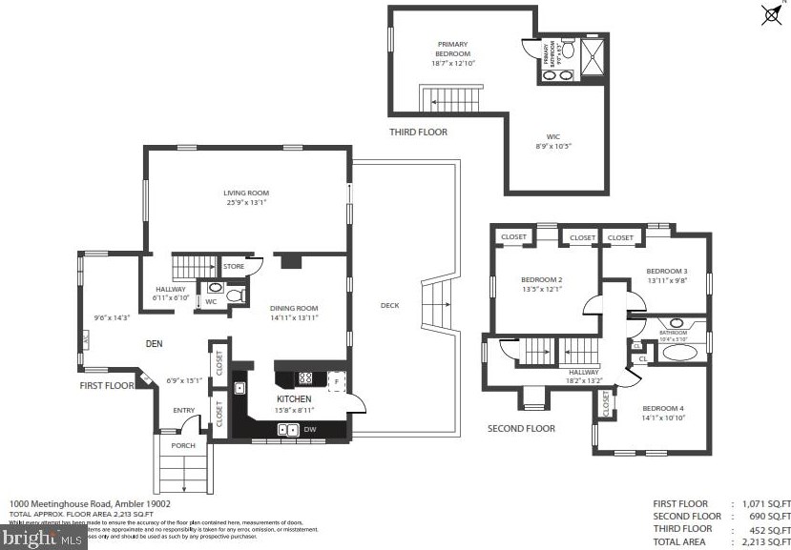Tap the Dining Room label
coord(293,309)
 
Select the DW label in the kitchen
coord(311,430)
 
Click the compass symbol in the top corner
coord(771,14)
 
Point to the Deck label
coord(389,306)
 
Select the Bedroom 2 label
coord(541,279)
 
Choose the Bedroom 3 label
coord(666,271)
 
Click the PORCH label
coord(182,445)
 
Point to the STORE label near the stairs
coord(234,266)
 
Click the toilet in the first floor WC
coord(236,296)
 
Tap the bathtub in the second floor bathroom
coord(679,352)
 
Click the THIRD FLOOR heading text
coord(418,132)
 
